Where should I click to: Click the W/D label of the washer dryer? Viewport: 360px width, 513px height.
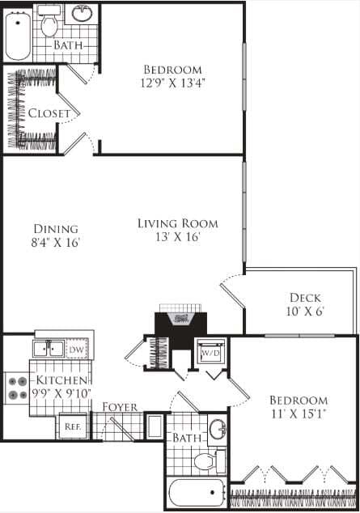pos(210,354)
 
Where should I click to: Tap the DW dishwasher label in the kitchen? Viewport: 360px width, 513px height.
pos(77,350)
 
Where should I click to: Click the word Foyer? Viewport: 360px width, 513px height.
pos(119,406)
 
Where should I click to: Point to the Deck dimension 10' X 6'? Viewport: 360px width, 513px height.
pos(304,313)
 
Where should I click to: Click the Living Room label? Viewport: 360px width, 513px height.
pos(177,223)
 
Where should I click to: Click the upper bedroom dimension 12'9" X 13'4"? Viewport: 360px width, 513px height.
pos(172,82)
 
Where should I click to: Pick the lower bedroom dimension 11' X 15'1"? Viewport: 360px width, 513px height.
pos(299,415)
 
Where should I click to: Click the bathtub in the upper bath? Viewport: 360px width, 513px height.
pos(17,34)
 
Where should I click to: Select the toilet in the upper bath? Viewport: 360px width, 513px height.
pos(49,26)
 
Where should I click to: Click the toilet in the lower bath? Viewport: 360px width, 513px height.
pos(206,463)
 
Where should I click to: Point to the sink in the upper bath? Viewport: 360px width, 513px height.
pos(82,14)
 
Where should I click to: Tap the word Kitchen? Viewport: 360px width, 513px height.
pos(59,380)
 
